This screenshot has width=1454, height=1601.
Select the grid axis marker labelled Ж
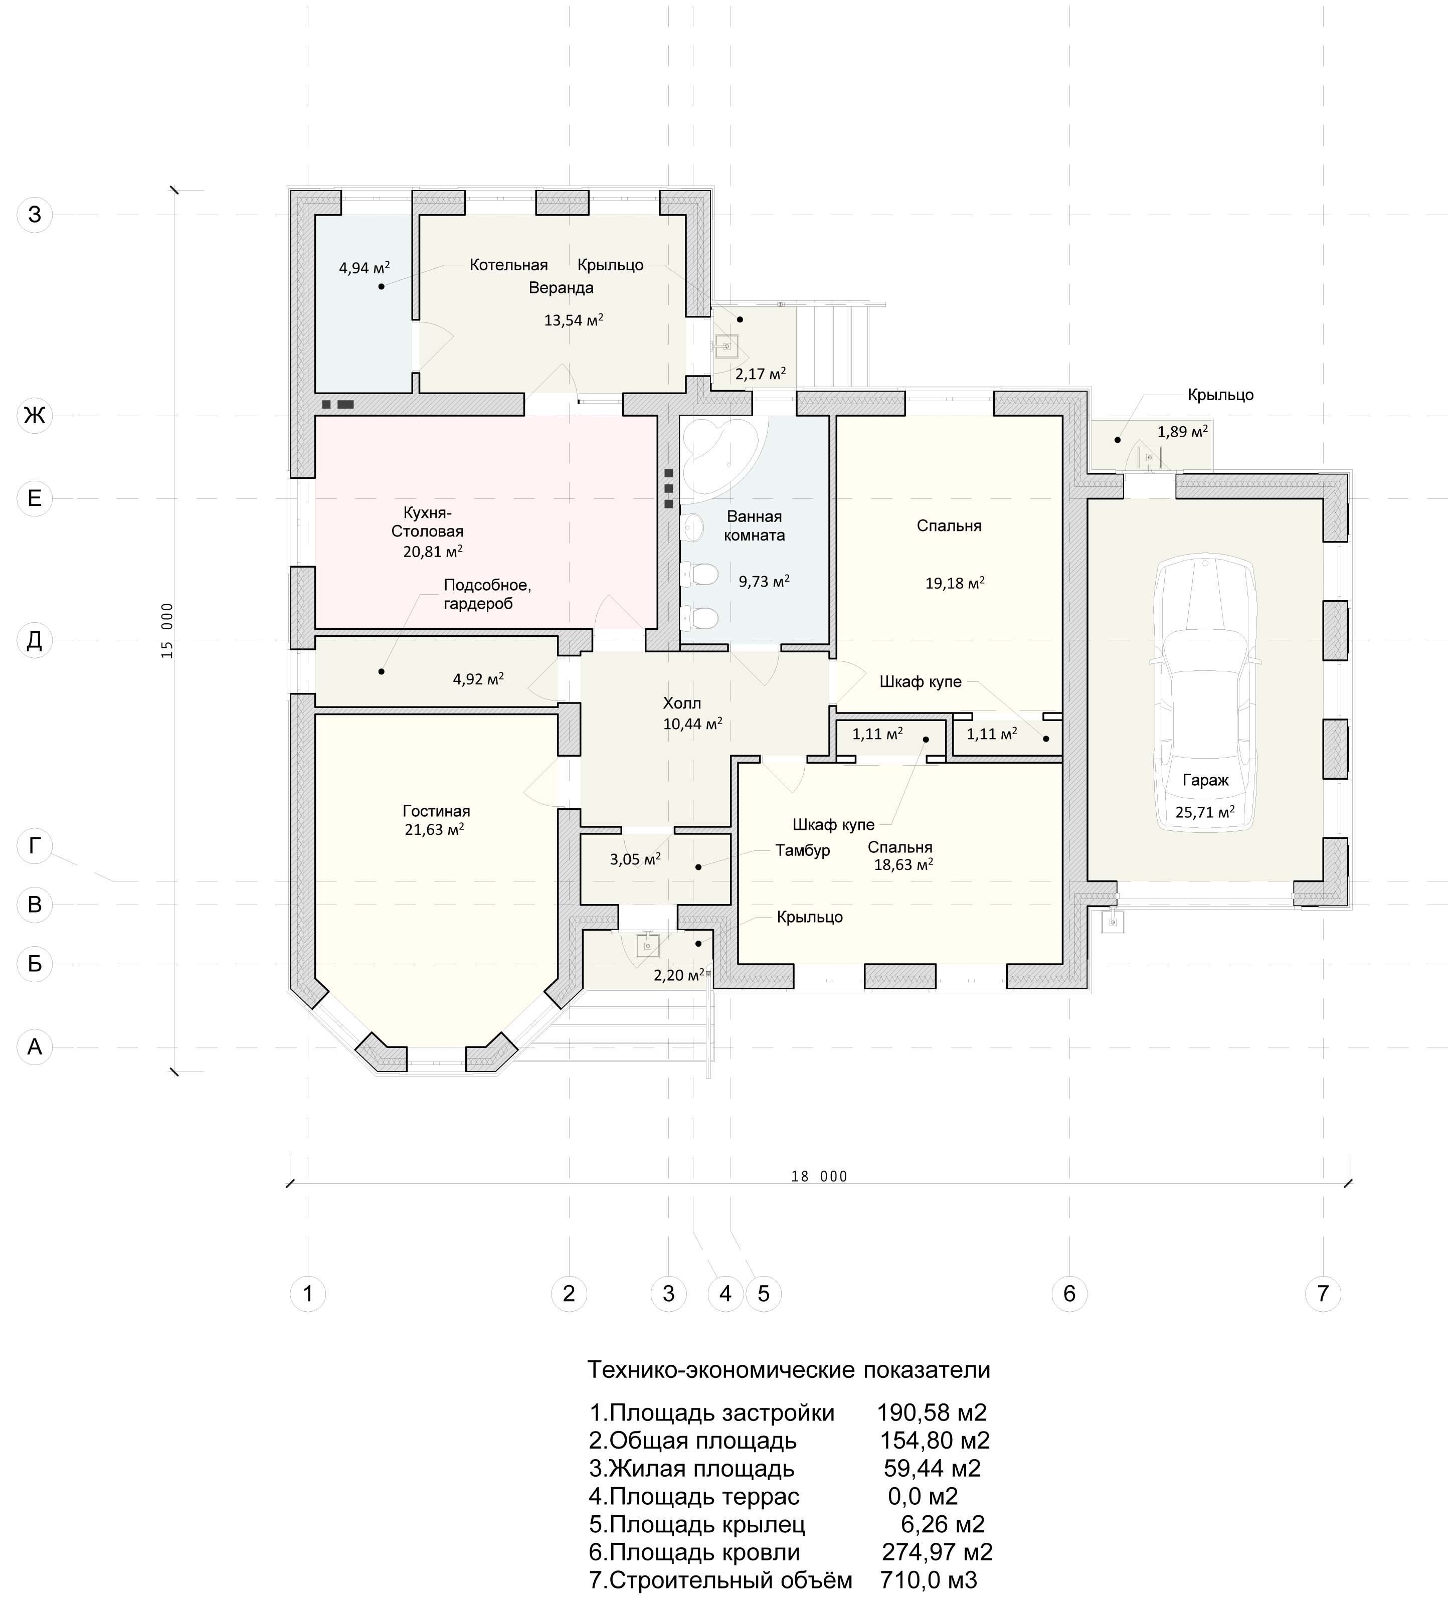click(x=34, y=415)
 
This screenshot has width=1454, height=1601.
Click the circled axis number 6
click(x=1069, y=1294)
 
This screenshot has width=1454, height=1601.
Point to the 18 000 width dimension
click(x=819, y=1176)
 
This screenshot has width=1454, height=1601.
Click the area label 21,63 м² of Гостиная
click(x=434, y=830)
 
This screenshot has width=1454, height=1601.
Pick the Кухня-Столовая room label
click(x=427, y=522)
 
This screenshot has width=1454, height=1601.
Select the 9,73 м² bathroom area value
click(x=764, y=581)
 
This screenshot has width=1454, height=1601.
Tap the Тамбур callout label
click(x=803, y=850)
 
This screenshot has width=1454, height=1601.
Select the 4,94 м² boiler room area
click(x=365, y=268)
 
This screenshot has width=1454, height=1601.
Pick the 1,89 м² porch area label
click(x=1182, y=432)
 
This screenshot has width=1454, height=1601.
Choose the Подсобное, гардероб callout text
click(x=487, y=594)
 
